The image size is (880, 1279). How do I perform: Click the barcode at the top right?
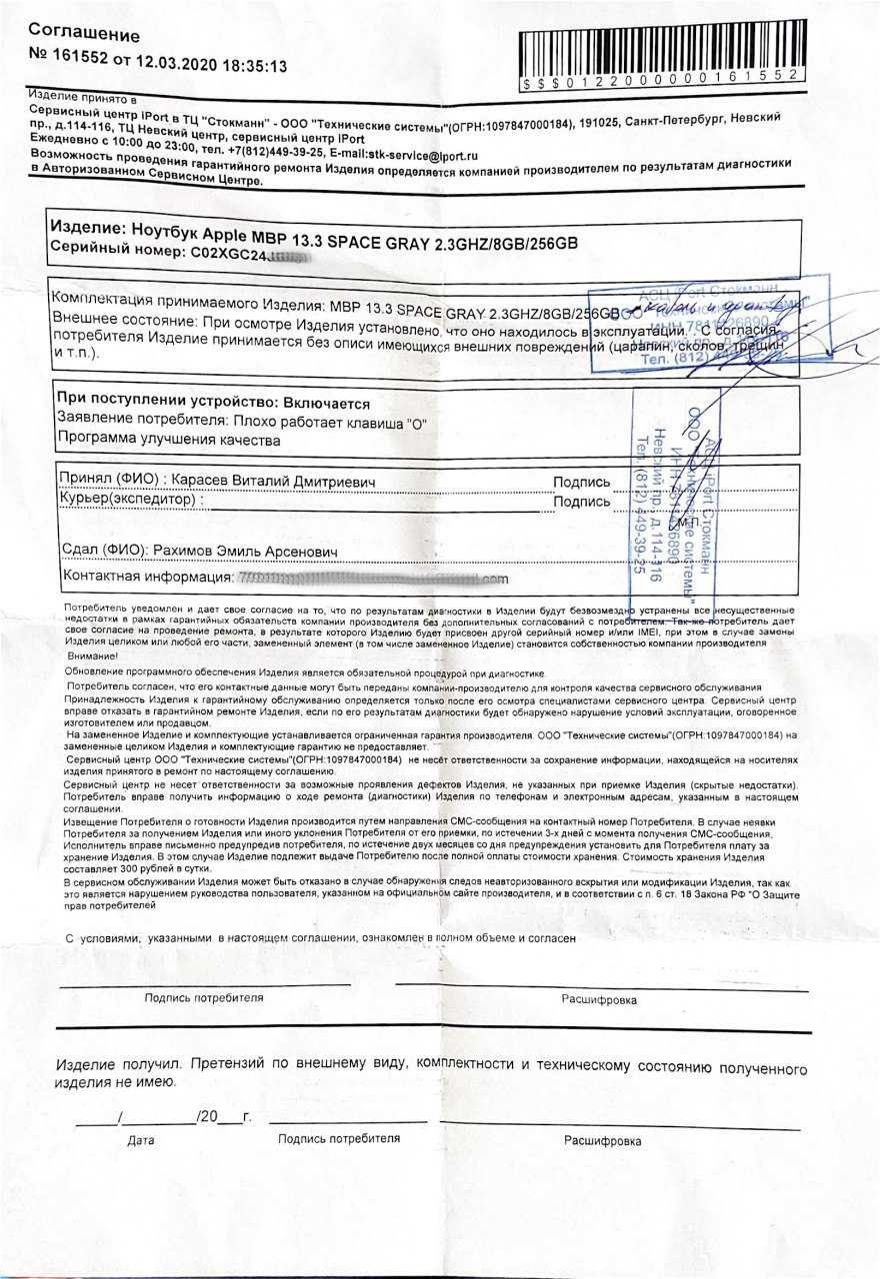(x=659, y=55)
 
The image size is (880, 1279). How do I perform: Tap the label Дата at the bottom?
(x=142, y=1140)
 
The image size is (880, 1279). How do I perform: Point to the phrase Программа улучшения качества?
(x=169, y=440)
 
